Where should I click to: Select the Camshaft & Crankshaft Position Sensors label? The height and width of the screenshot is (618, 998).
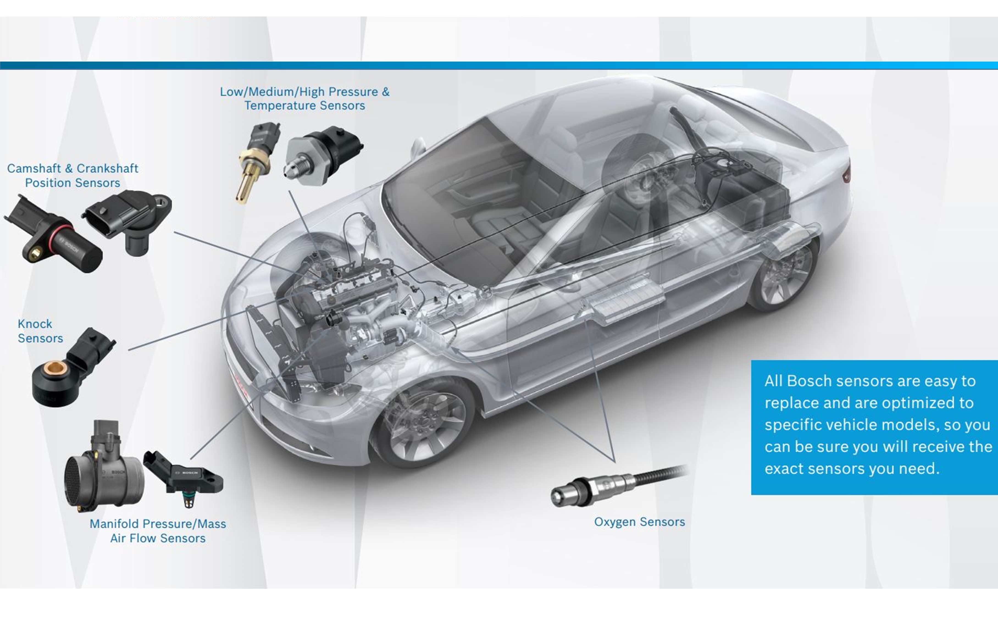coord(73,175)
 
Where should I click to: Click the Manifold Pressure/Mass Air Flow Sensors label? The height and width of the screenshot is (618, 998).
coord(158,531)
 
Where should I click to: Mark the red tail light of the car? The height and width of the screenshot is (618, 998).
coord(847,173)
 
